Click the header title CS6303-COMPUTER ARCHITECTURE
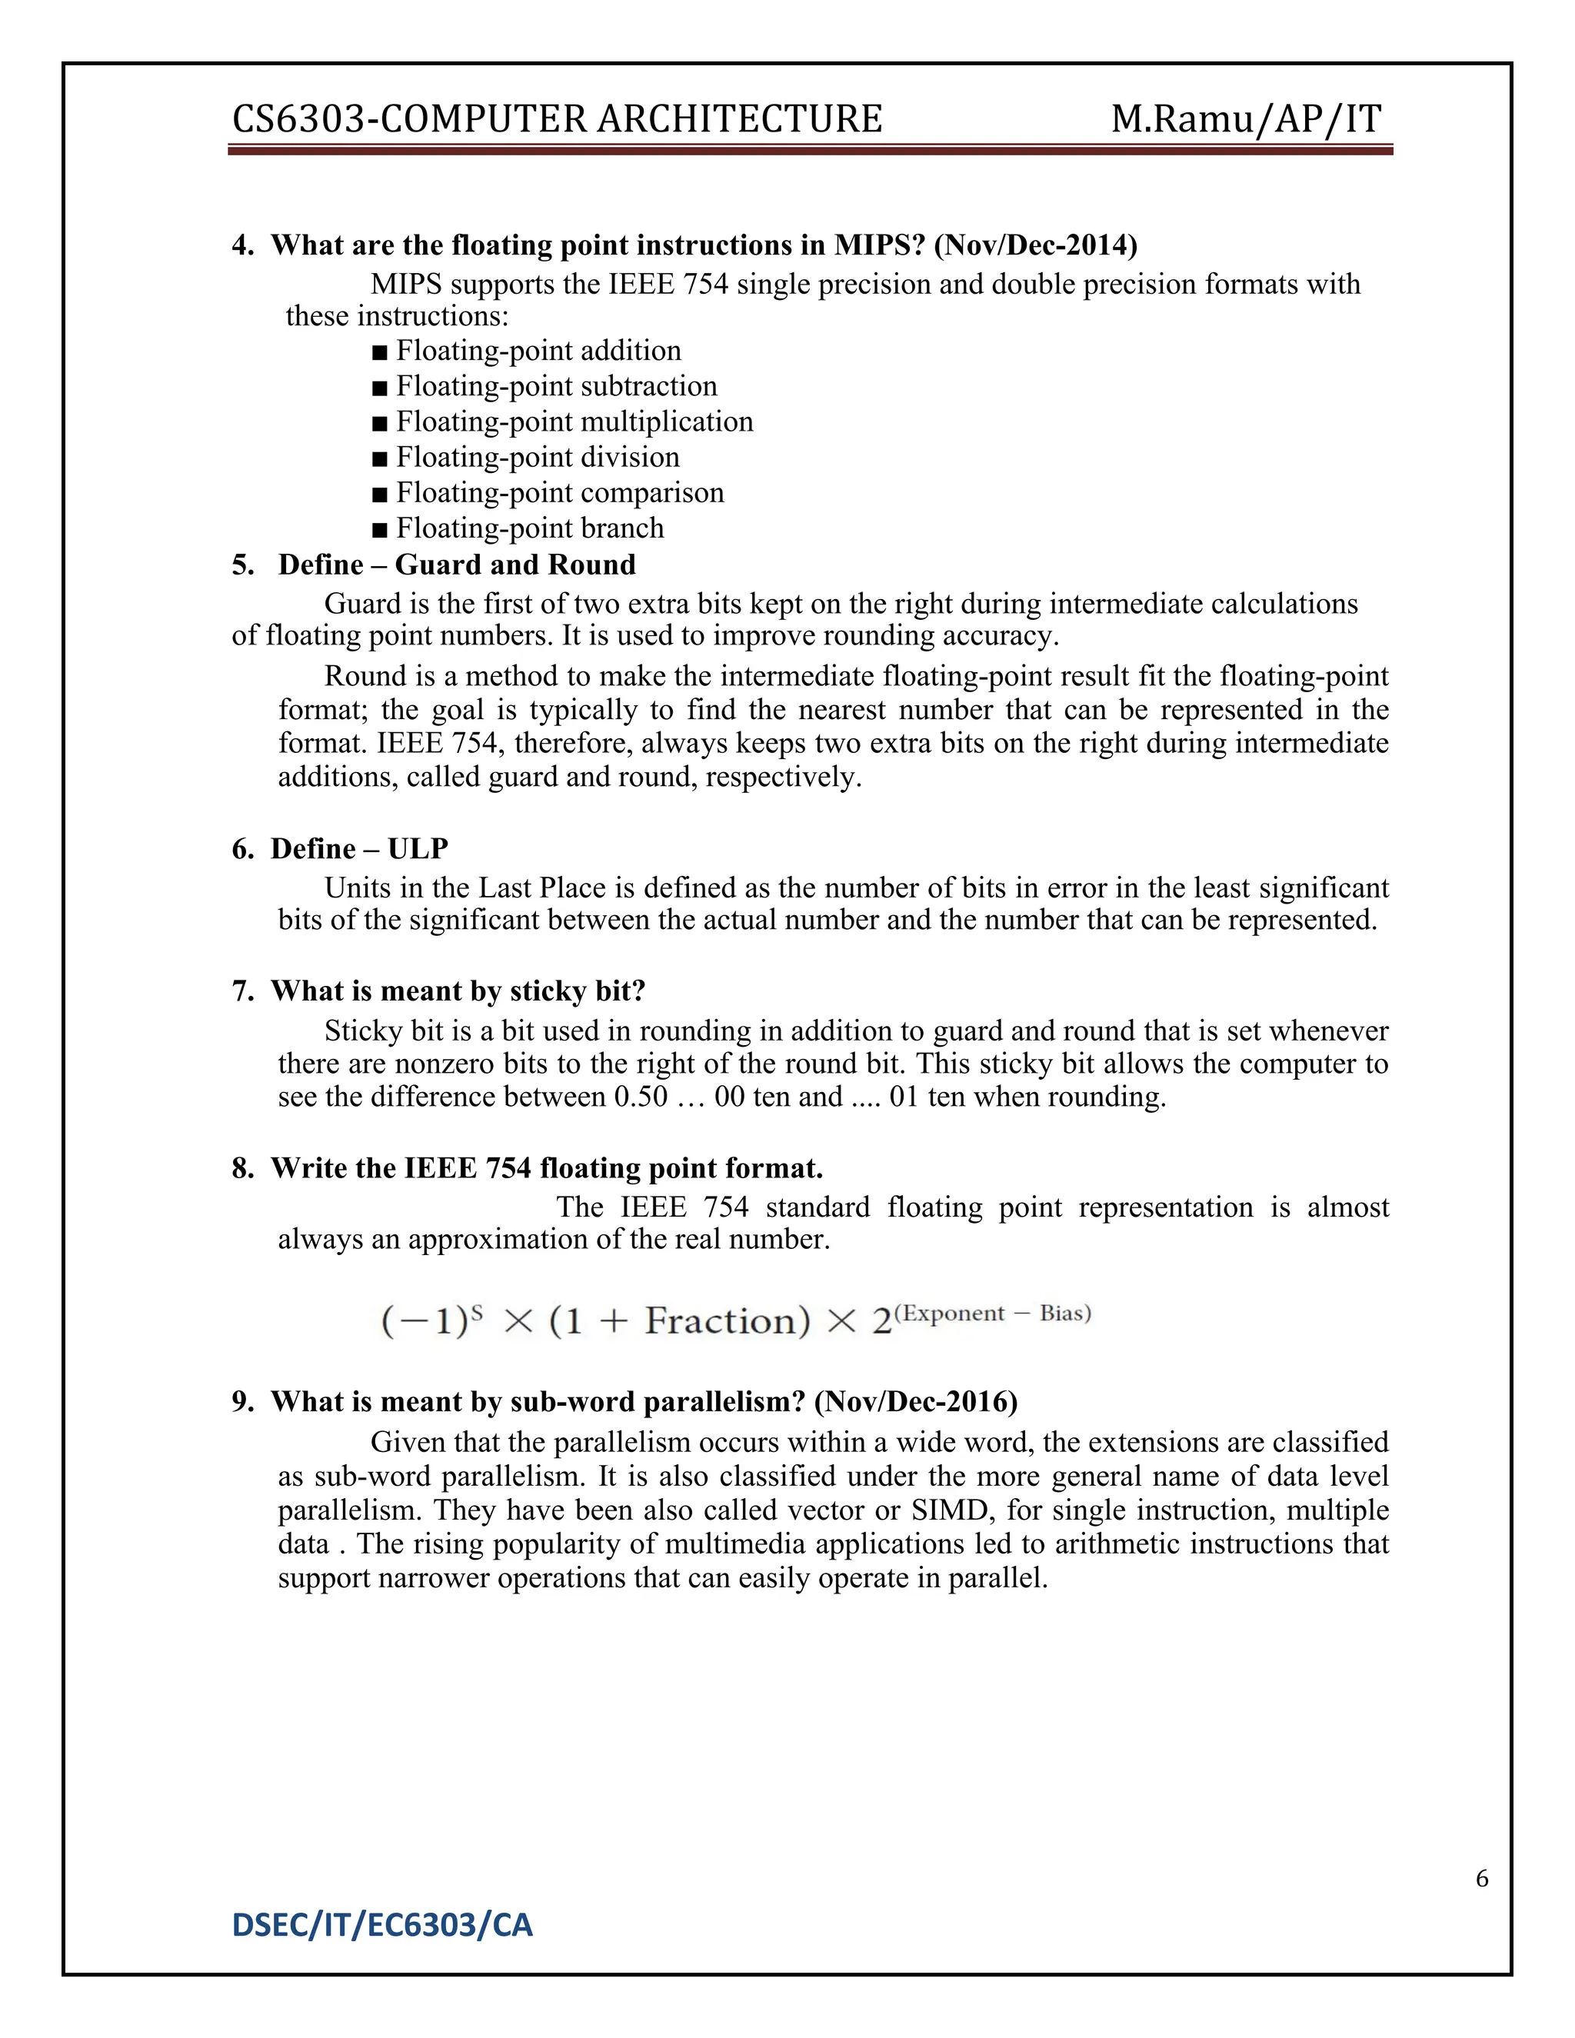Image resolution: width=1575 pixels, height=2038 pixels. click(556, 119)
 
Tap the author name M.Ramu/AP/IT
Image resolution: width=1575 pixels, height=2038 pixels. click(1246, 119)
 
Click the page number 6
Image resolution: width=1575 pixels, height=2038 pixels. click(1482, 1879)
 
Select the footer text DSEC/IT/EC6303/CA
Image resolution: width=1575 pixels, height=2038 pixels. click(381, 1925)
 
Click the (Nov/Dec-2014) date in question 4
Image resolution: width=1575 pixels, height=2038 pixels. click(1035, 245)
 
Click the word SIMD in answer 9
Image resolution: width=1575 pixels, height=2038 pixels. click(951, 1510)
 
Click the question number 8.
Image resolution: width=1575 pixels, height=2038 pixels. click(241, 1168)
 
